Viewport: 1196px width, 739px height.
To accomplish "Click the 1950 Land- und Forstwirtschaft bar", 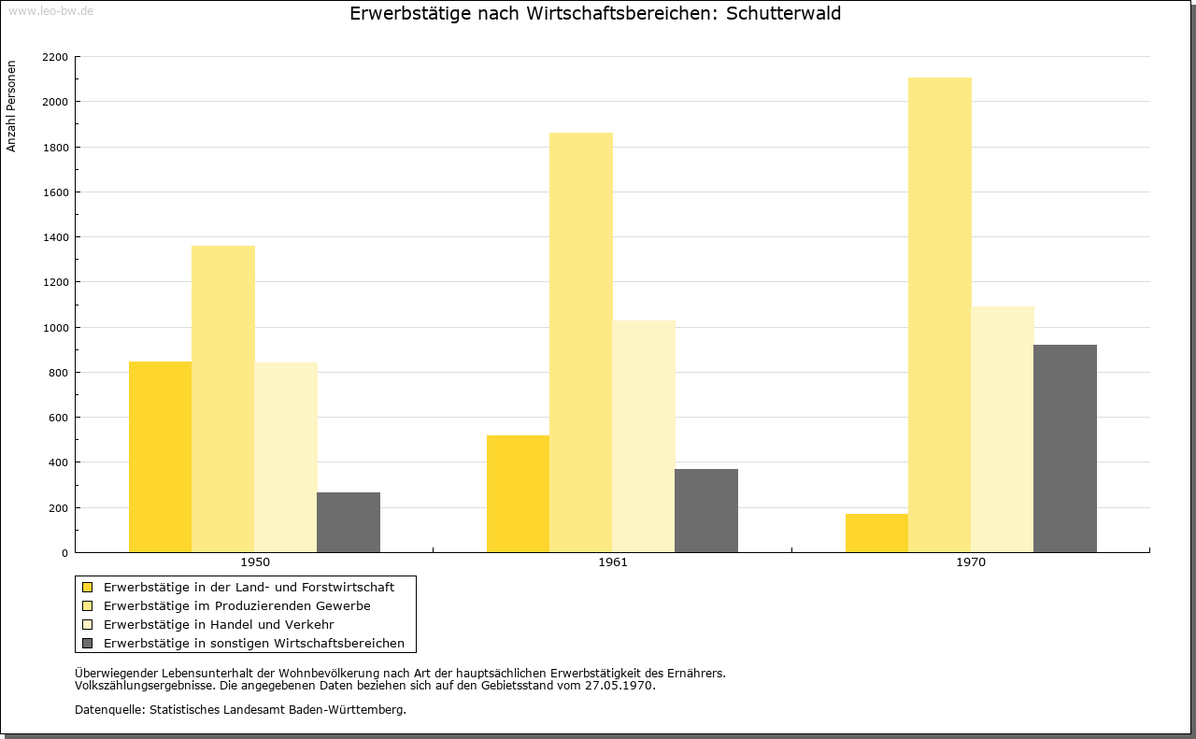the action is (160, 457).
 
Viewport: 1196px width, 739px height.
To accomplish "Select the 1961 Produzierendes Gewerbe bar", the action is (581, 342).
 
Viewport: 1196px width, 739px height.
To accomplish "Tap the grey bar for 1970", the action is (1065, 448).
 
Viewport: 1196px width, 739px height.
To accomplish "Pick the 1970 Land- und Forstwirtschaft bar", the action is (876, 533).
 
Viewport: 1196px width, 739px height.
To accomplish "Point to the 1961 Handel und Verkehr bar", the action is (644, 436).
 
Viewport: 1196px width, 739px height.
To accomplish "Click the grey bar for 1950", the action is (349, 522).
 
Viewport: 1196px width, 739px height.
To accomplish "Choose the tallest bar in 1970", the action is (940, 315).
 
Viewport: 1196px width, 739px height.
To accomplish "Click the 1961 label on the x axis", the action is (613, 561).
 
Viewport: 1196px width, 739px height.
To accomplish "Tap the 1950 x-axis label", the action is (255, 561).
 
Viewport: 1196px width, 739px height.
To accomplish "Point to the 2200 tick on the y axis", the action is (55, 57).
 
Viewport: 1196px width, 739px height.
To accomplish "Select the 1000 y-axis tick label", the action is (55, 328).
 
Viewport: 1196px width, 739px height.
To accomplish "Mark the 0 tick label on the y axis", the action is (64, 553).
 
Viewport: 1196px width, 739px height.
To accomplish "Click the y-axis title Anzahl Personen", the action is (11, 107).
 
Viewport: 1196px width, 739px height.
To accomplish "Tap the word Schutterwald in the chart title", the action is (783, 13).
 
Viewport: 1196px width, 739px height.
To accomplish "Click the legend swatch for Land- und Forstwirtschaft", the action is (87, 588).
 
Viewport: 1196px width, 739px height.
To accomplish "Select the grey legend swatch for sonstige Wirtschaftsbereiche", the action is (87, 644).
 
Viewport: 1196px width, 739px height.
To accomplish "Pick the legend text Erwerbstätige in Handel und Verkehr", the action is (219, 624).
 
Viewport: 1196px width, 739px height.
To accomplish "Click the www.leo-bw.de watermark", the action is (50, 11).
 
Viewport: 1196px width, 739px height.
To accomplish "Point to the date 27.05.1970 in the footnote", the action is (619, 686).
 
